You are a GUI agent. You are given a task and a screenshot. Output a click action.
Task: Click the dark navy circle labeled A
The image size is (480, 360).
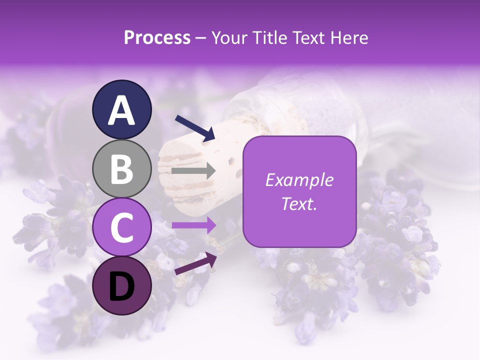point(122,109)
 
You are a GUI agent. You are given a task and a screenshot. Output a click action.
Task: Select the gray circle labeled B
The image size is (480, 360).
point(122,169)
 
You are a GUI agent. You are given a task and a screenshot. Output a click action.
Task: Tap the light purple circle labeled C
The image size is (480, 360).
point(122,227)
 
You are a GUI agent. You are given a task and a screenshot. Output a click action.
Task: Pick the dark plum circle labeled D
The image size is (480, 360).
point(122,286)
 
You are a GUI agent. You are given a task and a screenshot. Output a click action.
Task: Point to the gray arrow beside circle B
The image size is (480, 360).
point(193,171)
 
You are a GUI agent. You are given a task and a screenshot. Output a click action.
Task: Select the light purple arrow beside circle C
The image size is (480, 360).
point(193,225)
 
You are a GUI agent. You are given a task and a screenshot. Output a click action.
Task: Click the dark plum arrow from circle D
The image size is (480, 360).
point(195,263)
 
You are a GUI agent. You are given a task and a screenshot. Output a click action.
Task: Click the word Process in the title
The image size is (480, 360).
point(157,37)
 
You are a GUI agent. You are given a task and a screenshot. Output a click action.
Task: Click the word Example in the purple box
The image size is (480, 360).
point(299,179)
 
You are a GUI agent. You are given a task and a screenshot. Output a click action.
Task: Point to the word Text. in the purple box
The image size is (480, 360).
point(299,203)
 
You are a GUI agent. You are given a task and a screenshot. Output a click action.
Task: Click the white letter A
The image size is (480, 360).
point(122,110)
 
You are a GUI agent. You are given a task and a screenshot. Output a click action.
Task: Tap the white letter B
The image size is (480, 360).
point(122,169)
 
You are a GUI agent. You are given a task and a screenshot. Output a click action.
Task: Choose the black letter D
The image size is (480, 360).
point(122,286)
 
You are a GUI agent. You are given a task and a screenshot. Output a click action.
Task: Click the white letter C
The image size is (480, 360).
point(122,227)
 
